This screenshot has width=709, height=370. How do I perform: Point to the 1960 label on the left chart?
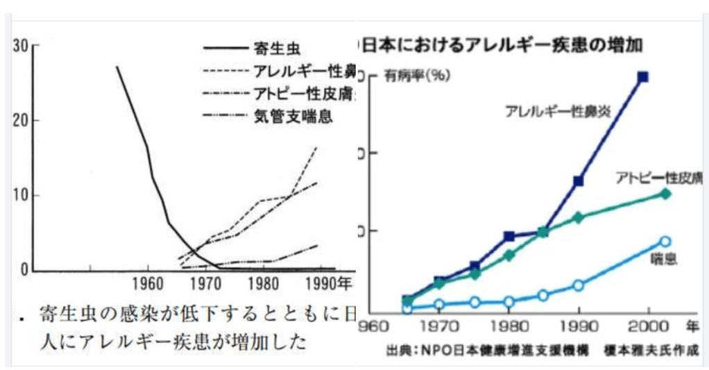tap(147, 284)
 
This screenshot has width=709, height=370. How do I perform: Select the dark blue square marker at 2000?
tap(643, 77)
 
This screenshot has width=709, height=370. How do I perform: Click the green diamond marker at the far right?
tap(665, 194)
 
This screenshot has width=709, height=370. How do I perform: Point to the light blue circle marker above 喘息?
tap(665, 242)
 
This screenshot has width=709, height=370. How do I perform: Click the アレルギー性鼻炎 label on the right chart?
tap(558, 110)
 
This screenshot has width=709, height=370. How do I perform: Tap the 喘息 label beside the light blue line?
tap(663, 260)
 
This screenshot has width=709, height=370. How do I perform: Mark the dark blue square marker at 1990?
tap(578, 181)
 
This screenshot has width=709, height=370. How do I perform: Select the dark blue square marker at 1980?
tap(509, 236)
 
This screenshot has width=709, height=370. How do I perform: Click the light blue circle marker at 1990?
tap(579, 285)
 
